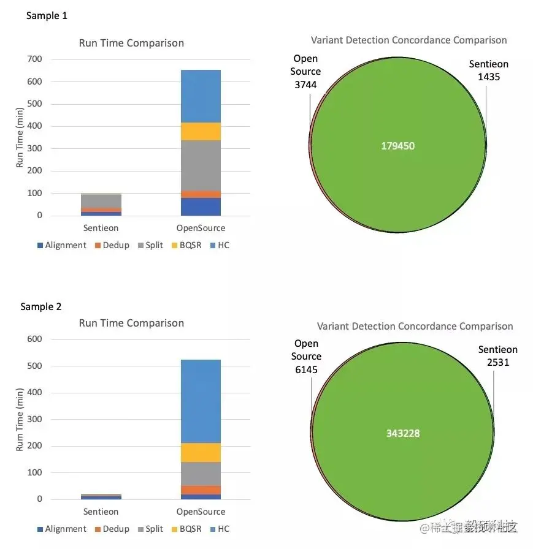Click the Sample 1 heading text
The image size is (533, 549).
point(47,16)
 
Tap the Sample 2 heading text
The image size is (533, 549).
point(41,306)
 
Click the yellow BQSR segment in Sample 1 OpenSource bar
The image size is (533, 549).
point(201,132)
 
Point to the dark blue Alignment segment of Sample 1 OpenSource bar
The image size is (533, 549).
point(201,206)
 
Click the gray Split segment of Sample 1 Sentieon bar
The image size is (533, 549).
point(101,200)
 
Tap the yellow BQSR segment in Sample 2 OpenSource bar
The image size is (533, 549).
point(201,452)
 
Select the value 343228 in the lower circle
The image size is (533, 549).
point(403,433)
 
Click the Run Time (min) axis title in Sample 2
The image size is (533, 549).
point(20,418)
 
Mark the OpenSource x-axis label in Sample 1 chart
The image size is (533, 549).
point(201,228)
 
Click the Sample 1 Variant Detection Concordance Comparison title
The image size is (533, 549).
point(408,40)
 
